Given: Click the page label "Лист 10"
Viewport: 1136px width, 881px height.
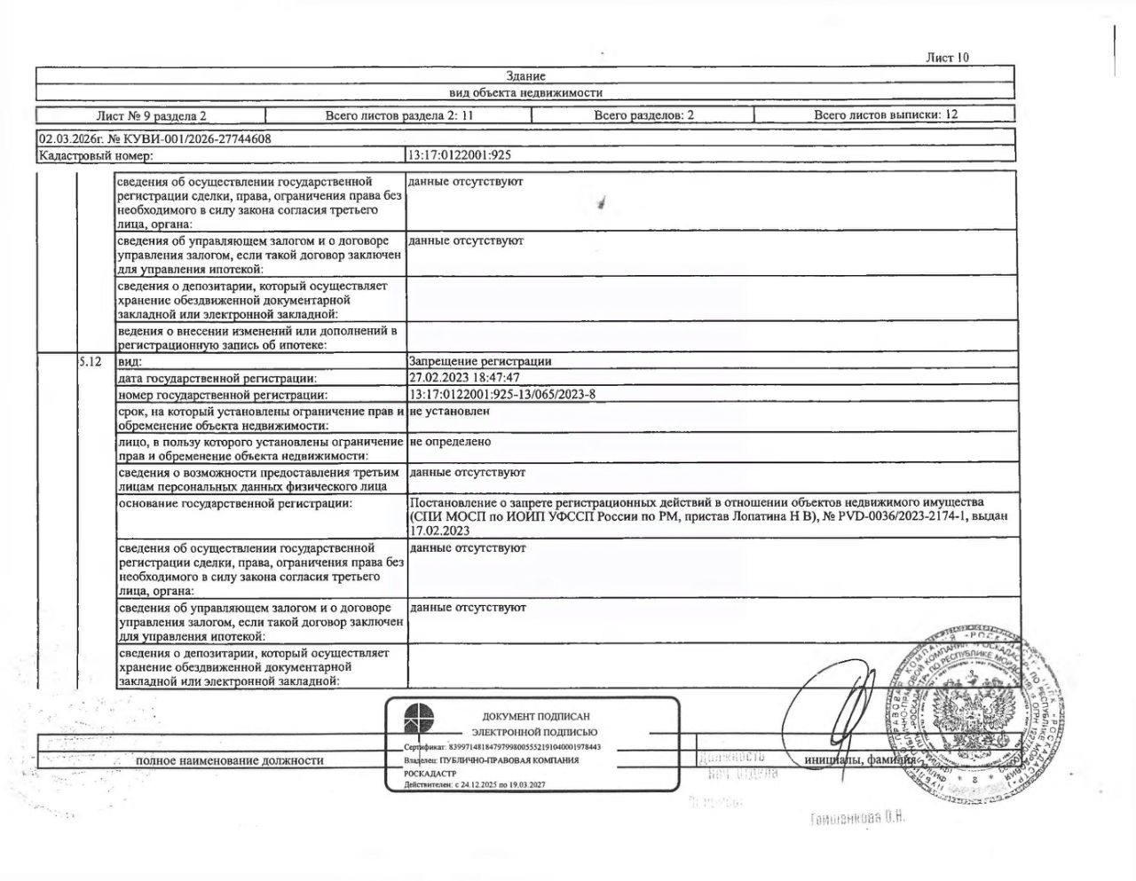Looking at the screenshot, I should (x=947, y=58).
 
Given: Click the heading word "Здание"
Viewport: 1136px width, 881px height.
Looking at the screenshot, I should (x=525, y=76).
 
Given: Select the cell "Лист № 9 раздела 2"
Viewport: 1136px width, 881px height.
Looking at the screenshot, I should (x=151, y=115).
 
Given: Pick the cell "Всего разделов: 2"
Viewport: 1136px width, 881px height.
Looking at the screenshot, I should (x=643, y=115).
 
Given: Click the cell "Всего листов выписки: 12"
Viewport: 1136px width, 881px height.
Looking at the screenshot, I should (x=885, y=114).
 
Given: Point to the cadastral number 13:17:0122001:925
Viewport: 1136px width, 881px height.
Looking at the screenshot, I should (x=459, y=155).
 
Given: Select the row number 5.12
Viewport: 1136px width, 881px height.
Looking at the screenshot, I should (x=91, y=362).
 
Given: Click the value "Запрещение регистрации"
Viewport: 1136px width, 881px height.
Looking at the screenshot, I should (x=479, y=361).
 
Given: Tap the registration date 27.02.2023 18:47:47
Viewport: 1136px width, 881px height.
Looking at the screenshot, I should (x=464, y=378).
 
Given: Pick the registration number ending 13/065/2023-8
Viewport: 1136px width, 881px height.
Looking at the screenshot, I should (x=501, y=395).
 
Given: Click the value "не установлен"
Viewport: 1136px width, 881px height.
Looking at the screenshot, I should (x=449, y=412).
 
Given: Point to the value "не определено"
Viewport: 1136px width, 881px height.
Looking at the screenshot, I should (x=450, y=442).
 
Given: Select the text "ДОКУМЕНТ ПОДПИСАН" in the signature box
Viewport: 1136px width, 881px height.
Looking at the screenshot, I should (x=535, y=716).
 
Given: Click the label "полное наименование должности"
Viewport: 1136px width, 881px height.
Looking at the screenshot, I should (x=229, y=760).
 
